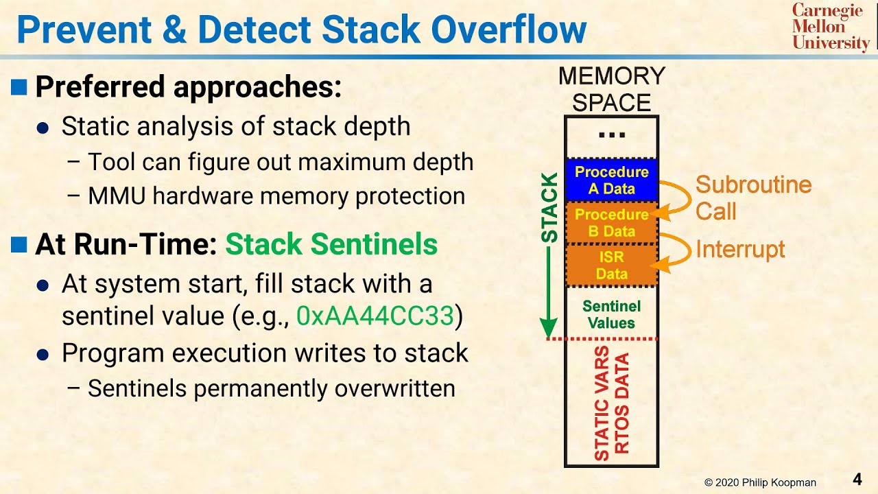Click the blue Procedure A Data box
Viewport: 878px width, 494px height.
pos(611,180)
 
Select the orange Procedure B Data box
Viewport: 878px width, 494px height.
pos(611,223)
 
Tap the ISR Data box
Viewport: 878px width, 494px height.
pos(611,266)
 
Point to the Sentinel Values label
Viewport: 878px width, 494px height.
pos(611,314)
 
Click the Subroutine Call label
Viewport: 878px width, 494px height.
pos(752,198)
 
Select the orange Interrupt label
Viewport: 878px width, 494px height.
pos(740,249)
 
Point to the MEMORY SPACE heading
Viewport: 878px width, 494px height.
pos(611,89)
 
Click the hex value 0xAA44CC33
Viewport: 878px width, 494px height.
pos(375,316)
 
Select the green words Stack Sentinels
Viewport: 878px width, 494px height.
pos(331,245)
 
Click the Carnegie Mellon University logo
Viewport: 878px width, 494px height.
pos(830,27)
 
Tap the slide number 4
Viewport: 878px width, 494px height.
pos(857,478)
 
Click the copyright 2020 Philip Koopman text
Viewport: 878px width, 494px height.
pos(760,482)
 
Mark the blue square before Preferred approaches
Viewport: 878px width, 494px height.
pos(19,87)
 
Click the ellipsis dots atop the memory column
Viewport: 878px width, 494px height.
pos(611,134)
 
